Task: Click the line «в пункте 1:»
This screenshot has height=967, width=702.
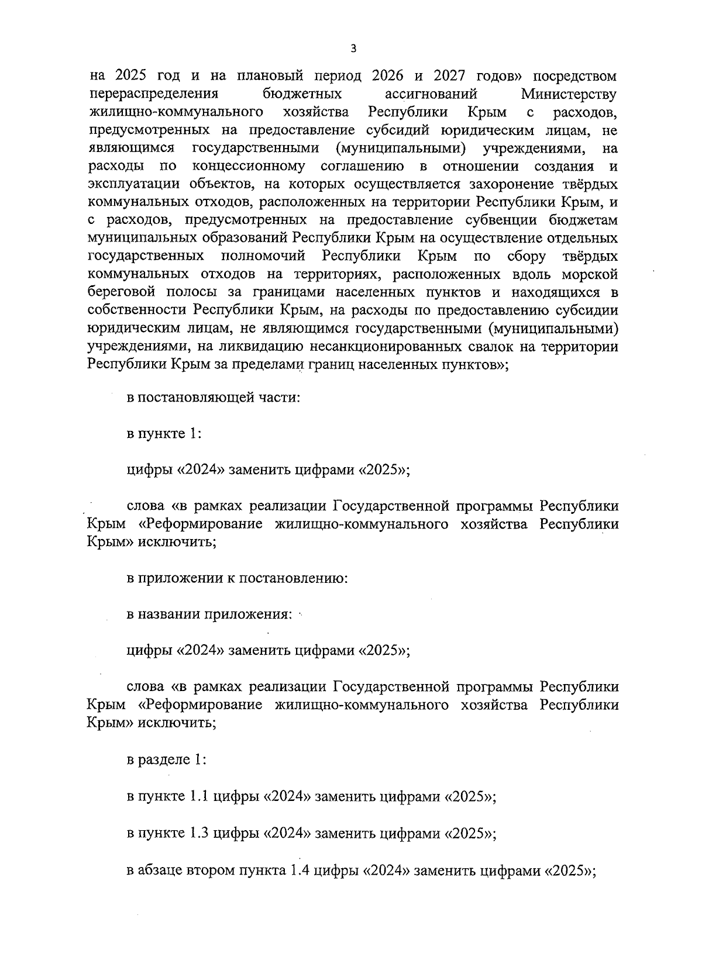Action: click(x=164, y=434)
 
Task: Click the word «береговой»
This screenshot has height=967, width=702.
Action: click(x=115, y=293)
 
